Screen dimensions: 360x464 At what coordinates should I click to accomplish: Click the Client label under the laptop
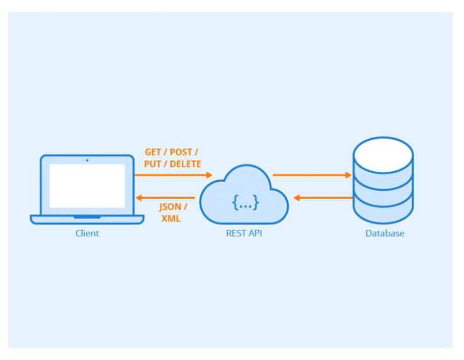(87, 233)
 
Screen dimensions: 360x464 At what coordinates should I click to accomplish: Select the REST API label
(244, 233)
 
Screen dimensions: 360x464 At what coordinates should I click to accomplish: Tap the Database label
(384, 233)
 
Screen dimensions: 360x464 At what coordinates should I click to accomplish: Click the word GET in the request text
(153, 152)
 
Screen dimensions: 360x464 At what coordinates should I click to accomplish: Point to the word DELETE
(184, 164)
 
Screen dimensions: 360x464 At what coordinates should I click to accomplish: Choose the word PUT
(153, 164)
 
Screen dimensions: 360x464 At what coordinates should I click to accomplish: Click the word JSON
(169, 207)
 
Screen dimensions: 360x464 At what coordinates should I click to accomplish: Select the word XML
(170, 219)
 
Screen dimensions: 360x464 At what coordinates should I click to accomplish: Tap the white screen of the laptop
(87, 186)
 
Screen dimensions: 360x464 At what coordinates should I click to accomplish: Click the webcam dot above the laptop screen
(87, 160)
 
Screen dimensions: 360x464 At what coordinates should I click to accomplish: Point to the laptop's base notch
(87, 217)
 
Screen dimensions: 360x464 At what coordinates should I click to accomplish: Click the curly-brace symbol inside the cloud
(245, 202)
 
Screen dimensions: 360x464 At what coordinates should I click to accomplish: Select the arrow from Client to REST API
(173, 175)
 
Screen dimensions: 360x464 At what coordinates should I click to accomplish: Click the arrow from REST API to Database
(312, 175)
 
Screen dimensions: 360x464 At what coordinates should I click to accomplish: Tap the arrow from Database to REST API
(323, 198)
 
